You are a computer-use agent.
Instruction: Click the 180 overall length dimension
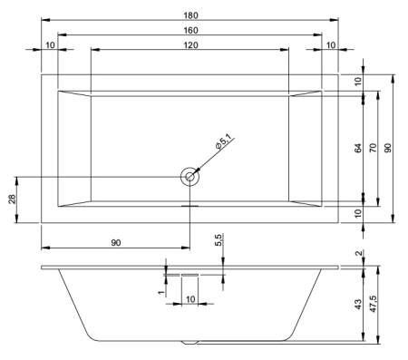190,14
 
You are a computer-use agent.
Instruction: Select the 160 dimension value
190,29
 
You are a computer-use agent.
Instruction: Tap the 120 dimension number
190,44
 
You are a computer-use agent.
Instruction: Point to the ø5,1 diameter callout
226,142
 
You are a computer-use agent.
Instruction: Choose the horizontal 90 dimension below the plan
116,241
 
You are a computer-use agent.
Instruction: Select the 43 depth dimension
358,303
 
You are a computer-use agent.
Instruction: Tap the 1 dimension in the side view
160,292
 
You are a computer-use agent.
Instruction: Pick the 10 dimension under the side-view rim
190,298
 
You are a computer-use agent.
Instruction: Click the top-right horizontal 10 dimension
330,44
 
